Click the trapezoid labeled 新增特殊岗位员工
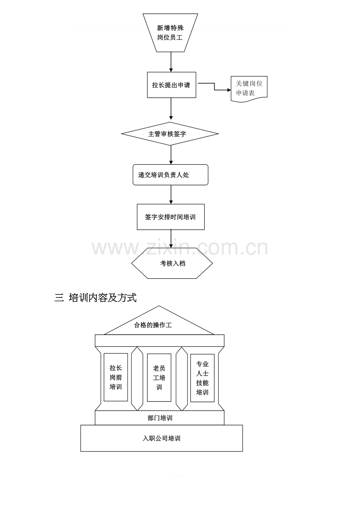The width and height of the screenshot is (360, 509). (170, 33)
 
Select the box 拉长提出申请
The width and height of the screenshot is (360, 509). (171, 85)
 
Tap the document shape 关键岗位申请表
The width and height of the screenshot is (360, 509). (249, 89)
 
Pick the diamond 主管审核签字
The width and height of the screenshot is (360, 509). (170, 134)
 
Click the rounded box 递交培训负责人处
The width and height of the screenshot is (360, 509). (170, 175)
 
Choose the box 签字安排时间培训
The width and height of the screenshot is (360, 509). (171, 217)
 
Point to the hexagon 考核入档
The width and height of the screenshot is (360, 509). (172, 263)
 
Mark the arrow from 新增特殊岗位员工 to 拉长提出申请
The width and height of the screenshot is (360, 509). (171, 62)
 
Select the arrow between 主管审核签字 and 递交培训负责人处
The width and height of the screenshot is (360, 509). (171, 155)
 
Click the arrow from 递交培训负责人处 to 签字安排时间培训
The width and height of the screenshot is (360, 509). (171, 194)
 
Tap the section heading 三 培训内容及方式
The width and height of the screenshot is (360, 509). (95, 298)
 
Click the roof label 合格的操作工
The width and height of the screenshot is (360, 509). (153, 325)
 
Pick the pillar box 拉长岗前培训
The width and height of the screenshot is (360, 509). (116, 377)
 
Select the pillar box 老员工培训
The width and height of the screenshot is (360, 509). (159, 378)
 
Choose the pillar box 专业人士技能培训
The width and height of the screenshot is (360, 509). (202, 378)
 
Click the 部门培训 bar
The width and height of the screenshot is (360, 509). (160, 418)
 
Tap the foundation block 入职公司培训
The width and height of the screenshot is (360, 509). (161, 438)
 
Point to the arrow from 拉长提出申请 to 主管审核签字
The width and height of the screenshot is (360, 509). (171, 109)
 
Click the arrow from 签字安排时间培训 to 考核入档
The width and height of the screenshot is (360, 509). (171, 238)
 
